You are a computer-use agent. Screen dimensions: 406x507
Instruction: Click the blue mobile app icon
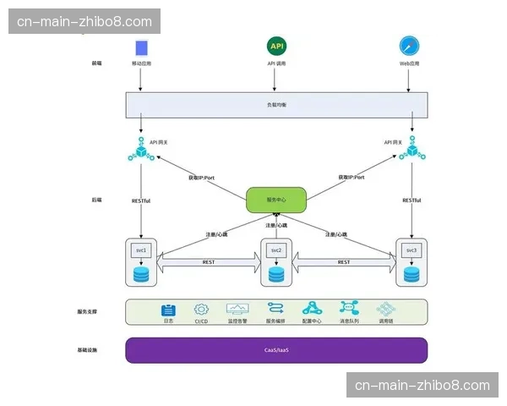pyautogui.click(x=141, y=47)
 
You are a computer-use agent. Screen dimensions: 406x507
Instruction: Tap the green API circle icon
pyautogui.click(x=276, y=46)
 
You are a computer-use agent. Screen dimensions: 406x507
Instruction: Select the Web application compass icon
pyautogui.click(x=411, y=46)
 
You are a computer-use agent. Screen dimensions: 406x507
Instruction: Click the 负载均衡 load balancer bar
pyautogui.click(x=276, y=104)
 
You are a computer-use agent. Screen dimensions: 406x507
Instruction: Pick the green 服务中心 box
pyautogui.click(x=275, y=200)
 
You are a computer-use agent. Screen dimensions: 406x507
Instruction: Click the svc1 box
pyautogui.click(x=141, y=250)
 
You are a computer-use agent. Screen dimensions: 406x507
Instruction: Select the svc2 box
pyautogui.click(x=275, y=251)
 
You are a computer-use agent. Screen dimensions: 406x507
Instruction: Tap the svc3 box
pyautogui.click(x=412, y=250)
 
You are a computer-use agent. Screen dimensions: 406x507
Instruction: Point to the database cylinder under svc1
pyautogui.click(x=141, y=274)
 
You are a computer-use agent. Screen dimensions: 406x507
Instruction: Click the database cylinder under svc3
pyautogui.click(x=412, y=274)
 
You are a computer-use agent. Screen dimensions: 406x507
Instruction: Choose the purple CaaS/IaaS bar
pyautogui.click(x=276, y=349)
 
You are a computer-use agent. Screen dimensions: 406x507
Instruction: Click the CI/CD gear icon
pyautogui.click(x=201, y=310)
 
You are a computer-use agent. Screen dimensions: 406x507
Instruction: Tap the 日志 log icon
pyautogui.click(x=168, y=310)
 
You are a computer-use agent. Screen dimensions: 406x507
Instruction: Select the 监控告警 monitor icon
pyautogui.click(x=237, y=310)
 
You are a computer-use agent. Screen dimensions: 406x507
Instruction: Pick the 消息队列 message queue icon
pyautogui.click(x=349, y=310)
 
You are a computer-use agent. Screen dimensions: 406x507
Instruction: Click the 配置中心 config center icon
pyautogui.click(x=312, y=310)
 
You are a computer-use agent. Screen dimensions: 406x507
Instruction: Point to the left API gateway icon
pyautogui.click(x=139, y=151)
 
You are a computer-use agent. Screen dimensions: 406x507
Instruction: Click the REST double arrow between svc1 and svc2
pyautogui.click(x=209, y=263)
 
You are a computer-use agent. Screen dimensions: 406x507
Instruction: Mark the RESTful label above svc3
pyautogui.click(x=412, y=200)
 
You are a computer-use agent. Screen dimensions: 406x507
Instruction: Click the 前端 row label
pyautogui.click(x=95, y=63)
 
